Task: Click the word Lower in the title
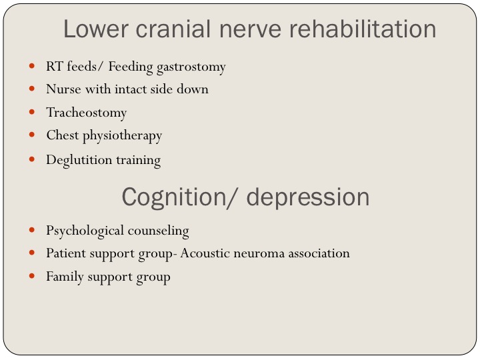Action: coord(95,29)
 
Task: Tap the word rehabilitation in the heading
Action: coord(363,29)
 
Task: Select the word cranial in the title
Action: coord(173,29)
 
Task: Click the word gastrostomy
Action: coord(191,67)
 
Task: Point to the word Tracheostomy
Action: coord(86,113)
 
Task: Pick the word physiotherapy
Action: coord(122,136)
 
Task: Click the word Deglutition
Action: coord(79,160)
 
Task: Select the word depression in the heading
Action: coord(307,197)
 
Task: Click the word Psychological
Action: coord(85,231)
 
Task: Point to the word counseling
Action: coord(158,231)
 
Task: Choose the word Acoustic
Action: coord(205,253)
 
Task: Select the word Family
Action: coord(65,277)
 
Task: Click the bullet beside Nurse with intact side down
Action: coord(31,89)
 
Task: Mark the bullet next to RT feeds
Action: coord(31,65)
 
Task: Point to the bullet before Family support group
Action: coord(31,276)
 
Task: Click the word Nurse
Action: coord(64,89)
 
